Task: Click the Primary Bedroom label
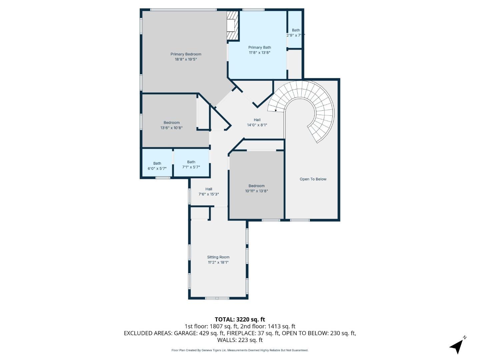point(186,54)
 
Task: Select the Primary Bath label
point(259,47)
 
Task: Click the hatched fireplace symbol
point(233,26)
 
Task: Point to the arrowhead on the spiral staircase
point(275,110)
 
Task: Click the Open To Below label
point(313,179)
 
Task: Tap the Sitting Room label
point(218,257)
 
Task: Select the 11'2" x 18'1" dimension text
point(218,262)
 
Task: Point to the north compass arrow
point(457,346)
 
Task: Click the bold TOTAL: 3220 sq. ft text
point(240,319)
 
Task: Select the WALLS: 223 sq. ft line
point(240,340)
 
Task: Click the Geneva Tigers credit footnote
point(240,350)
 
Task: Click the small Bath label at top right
point(296,30)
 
